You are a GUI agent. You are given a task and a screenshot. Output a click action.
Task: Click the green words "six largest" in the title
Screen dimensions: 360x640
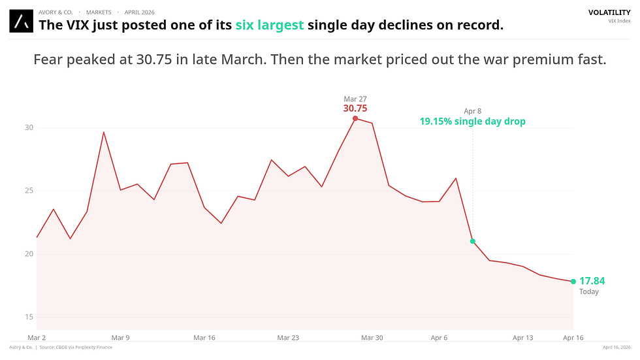coord(269,25)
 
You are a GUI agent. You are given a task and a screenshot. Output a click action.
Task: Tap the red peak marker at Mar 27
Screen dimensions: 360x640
coord(355,118)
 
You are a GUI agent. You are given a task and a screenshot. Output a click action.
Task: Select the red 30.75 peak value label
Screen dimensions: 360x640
coord(355,108)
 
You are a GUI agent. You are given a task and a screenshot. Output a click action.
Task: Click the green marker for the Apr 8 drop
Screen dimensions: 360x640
coord(473,241)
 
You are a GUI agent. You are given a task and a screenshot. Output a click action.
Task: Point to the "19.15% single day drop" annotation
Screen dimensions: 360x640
coord(472,122)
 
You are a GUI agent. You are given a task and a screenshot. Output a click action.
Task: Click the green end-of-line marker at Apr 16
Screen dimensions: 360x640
coord(573,282)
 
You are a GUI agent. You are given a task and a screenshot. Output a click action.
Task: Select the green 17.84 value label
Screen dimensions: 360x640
coord(592,281)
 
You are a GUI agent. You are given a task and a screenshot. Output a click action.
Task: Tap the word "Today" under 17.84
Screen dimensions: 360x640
coord(588,292)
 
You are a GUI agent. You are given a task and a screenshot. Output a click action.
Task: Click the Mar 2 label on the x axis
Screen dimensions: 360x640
coord(37,338)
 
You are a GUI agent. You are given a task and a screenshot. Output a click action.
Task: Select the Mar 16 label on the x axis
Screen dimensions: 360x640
coord(204,338)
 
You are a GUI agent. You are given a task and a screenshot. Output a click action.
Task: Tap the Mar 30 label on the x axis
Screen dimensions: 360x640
coord(372,338)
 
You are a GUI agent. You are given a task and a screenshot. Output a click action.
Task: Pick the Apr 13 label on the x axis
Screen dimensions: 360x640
coord(523,338)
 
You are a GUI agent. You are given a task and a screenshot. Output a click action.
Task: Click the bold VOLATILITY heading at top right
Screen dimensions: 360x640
coord(609,12)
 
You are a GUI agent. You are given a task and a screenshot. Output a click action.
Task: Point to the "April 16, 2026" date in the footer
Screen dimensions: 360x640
coord(616,348)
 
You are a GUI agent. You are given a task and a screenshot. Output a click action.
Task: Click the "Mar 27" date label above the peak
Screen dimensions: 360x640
coord(355,99)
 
